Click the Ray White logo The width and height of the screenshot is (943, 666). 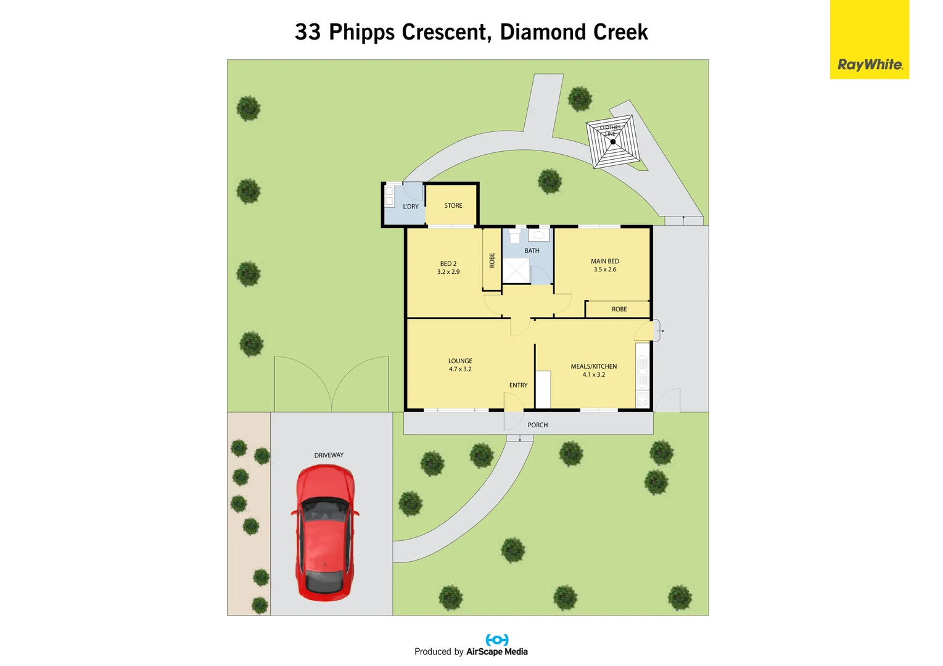[x=869, y=64]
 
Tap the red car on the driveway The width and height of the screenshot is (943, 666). [x=325, y=533]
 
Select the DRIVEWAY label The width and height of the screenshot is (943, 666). [x=329, y=455]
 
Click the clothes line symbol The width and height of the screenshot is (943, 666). [x=612, y=142]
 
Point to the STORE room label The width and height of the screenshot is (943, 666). [x=453, y=206]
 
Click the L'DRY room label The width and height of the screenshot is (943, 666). [x=411, y=207]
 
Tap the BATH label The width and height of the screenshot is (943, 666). [x=532, y=251]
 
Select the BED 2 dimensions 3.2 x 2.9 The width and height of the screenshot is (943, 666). [x=448, y=272]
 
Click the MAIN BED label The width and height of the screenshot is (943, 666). [x=604, y=261]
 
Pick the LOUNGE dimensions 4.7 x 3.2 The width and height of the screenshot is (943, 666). [x=460, y=369]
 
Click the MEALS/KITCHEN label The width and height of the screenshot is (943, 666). [x=593, y=366]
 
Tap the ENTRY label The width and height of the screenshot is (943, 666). [x=518, y=385]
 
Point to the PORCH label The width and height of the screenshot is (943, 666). [x=537, y=425]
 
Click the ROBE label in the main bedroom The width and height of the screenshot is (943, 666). [x=619, y=310]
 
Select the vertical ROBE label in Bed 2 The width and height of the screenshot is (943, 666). [x=492, y=260]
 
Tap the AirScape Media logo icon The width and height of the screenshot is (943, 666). [x=497, y=640]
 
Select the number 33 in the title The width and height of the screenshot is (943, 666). [x=308, y=32]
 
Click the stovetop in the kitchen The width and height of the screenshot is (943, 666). [x=643, y=398]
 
